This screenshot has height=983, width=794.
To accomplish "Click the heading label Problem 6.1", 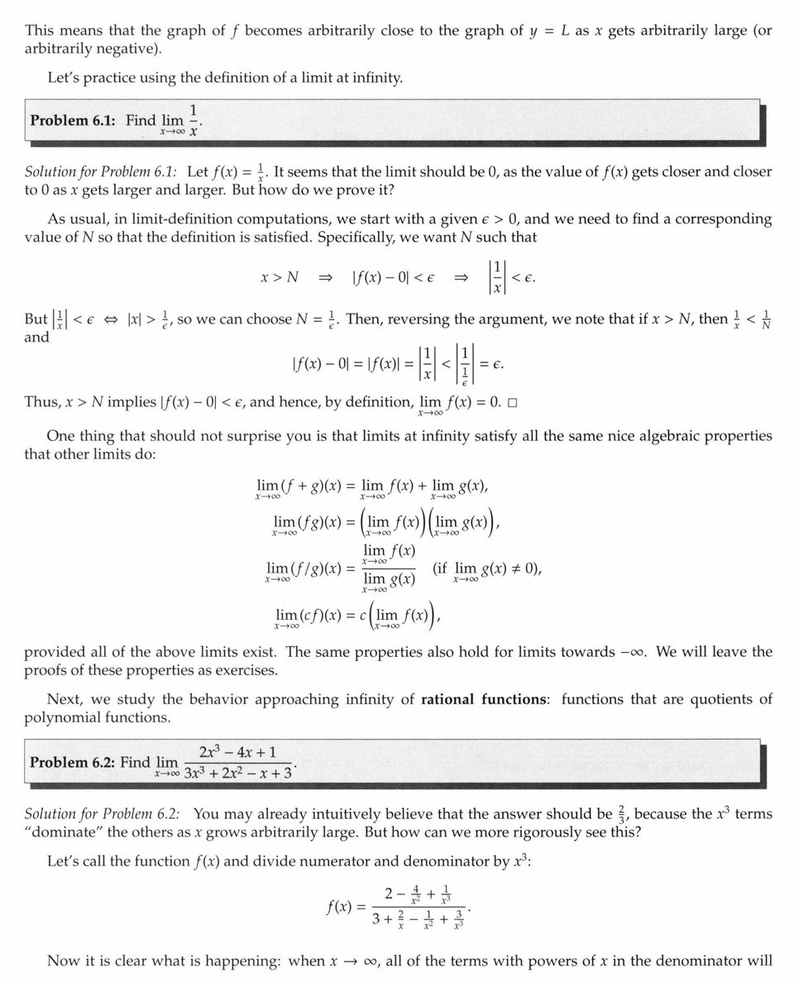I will point(75,120).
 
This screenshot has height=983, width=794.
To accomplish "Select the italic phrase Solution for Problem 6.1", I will point(101,172).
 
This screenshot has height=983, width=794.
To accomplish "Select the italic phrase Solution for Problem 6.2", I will point(101,814).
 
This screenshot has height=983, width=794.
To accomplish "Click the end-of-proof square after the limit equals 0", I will point(513,403).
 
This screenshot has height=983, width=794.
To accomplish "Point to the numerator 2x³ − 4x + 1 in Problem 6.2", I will point(238,753).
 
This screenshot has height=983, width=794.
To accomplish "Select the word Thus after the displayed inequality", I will point(41,402).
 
